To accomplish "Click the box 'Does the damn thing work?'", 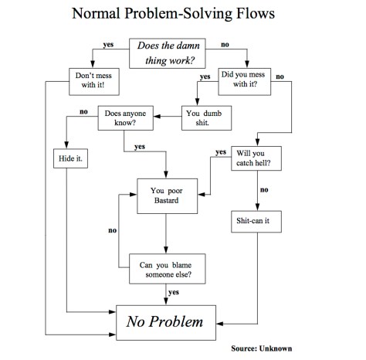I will coord(166,53).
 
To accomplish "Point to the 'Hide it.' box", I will coord(68,160).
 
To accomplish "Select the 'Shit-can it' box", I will coord(255,222).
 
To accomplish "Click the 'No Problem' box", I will coord(166,318).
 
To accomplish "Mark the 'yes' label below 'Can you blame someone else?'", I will coord(173,292).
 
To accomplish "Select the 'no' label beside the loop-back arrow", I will coord(113,230).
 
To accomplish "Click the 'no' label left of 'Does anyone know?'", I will coord(83,113).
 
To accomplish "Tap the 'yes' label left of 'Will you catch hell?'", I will coord(221,151).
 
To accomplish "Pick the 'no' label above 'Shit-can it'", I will coord(264,189).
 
